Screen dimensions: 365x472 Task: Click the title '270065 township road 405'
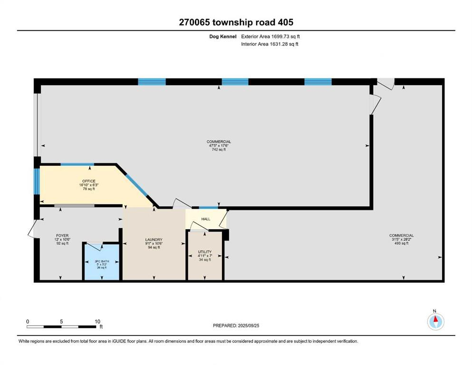coord(236,22)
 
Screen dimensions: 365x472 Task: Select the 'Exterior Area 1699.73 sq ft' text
coord(270,36)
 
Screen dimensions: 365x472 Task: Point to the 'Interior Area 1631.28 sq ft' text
coord(270,44)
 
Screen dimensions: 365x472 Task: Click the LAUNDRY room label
coord(154,243)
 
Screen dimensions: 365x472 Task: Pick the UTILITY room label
coord(204,255)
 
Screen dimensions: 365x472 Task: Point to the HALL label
coord(205,219)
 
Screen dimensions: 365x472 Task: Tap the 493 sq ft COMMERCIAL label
coord(401,239)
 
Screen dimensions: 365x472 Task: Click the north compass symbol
coord(435,322)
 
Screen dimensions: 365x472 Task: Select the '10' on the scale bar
coord(96,321)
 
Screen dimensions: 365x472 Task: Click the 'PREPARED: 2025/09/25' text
coord(236,326)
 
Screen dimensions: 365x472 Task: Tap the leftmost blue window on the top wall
coord(152,82)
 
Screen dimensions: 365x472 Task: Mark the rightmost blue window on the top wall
coord(318,82)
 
